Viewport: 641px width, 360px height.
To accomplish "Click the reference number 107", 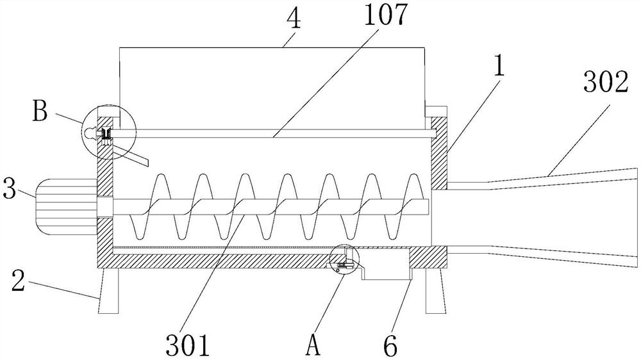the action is (x=385, y=14).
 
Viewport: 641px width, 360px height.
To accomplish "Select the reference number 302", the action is (x=605, y=82).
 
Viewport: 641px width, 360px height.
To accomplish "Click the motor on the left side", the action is (x=66, y=207).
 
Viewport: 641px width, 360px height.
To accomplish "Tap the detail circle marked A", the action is (x=344, y=259).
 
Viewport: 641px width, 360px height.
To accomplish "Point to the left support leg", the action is (x=108, y=291).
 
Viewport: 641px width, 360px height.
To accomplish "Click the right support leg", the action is (x=434, y=291).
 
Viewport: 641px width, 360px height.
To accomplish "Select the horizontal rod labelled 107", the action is (x=272, y=134).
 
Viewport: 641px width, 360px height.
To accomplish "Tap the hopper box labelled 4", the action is (x=272, y=88).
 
